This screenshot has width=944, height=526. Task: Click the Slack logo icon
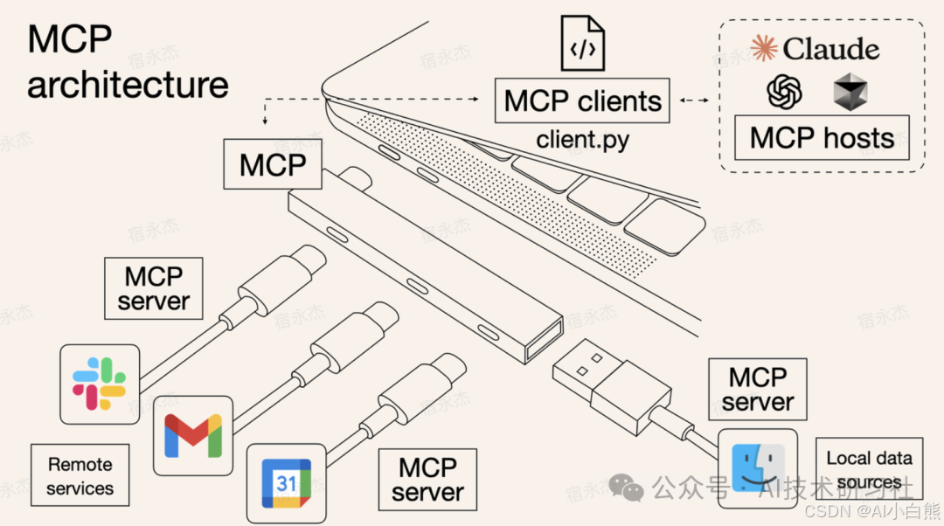(x=99, y=384)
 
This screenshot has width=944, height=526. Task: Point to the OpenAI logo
(x=785, y=91)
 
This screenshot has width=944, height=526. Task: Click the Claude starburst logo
(x=764, y=48)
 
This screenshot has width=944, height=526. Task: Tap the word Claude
(x=831, y=48)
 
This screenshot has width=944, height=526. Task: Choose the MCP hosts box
(x=821, y=138)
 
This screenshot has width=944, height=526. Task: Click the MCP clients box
(x=583, y=100)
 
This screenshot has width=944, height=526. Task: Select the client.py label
(x=583, y=138)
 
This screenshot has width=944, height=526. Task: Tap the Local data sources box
(x=868, y=469)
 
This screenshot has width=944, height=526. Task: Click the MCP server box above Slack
(x=154, y=288)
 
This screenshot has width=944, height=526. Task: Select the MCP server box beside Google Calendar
(x=427, y=480)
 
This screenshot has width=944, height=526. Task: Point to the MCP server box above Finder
(x=757, y=389)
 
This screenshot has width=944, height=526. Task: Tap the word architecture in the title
(x=128, y=85)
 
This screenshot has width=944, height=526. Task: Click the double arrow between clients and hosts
(x=695, y=100)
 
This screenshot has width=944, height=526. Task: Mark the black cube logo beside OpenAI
(x=850, y=92)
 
